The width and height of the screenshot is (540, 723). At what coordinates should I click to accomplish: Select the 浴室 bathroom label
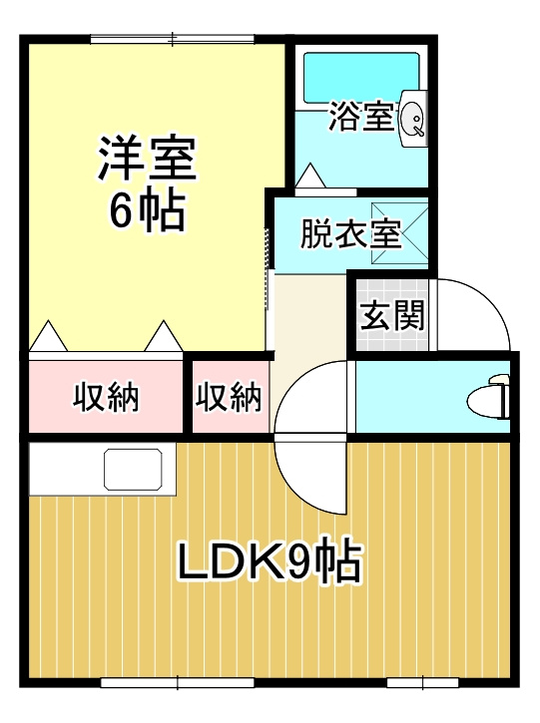(x=360, y=116)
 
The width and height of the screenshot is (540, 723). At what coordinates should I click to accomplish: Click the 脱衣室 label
(x=350, y=234)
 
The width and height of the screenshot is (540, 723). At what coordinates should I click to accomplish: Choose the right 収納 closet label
(x=229, y=398)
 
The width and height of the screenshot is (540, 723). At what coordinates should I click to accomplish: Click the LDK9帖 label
(x=270, y=564)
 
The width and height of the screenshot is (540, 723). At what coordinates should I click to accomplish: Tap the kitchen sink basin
(x=133, y=468)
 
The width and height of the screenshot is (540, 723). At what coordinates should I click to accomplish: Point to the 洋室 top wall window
(x=172, y=39)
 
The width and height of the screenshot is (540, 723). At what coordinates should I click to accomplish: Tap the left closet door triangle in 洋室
(x=48, y=337)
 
